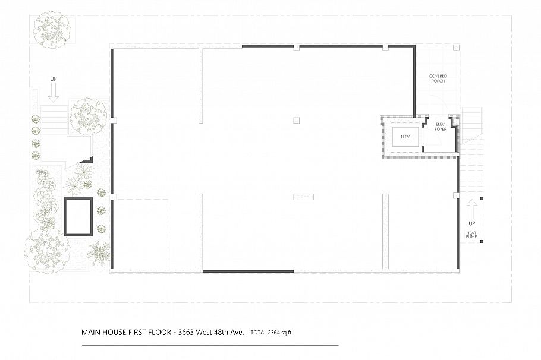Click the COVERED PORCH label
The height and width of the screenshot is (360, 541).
click(x=438, y=78)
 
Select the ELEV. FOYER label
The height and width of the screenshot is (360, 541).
click(x=441, y=127)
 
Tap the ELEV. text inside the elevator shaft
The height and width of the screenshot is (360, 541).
click(x=406, y=137)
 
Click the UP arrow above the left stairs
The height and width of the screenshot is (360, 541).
click(x=53, y=90)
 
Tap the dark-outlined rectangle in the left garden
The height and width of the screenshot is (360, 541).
click(x=78, y=217)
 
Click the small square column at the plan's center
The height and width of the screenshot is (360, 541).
click(x=296, y=121)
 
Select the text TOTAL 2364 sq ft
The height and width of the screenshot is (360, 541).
click(x=271, y=333)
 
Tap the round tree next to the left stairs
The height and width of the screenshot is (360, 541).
click(x=88, y=116)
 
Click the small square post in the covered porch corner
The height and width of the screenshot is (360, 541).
click(x=455, y=48)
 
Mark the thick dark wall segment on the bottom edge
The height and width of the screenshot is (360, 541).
click(x=248, y=271)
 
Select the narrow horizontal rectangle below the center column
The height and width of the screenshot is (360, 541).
click(x=303, y=195)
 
